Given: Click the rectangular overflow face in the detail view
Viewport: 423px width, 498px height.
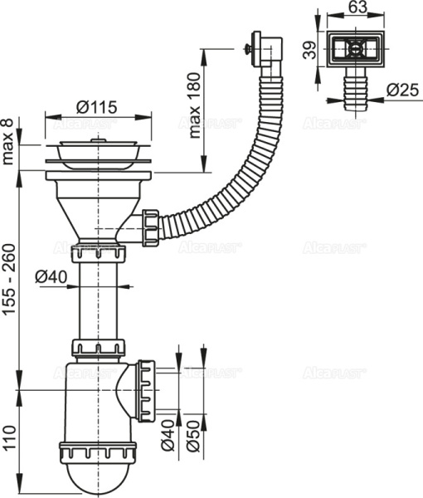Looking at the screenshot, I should coord(355,49).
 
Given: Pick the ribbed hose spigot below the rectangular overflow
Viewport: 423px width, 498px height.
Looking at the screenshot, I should coord(355,85).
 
